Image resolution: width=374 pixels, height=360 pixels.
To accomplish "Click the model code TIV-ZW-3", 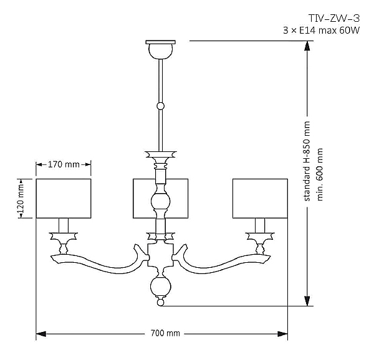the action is pos(334,18).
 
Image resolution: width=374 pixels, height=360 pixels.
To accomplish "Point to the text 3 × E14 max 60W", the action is pos(321,31).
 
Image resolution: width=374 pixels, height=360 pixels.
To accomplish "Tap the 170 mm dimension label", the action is pos(64,164).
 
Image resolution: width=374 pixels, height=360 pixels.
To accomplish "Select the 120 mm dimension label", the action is pos(21,198).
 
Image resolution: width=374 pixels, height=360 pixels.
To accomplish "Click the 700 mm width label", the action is pos(165,333).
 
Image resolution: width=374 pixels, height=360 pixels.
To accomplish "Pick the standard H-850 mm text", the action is pos(307,161).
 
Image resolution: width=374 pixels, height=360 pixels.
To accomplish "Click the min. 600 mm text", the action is pos(319,174).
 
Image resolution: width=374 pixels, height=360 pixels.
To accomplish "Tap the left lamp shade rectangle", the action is pos(64,199).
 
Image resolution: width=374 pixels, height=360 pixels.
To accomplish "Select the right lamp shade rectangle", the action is pos(260,199).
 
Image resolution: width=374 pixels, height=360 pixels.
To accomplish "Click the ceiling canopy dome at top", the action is pos(161,51).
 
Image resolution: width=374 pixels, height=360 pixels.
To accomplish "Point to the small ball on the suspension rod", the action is pos(161,106).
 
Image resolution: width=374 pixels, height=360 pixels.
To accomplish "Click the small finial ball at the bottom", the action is pos(161,303).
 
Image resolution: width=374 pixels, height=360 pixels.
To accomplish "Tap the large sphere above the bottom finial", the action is pos(161,286).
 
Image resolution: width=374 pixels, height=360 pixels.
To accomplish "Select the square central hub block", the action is pos(160,255).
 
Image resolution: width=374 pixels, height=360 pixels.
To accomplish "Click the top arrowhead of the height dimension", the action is pos(307,45).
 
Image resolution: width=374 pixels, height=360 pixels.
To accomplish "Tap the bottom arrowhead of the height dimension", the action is pos(307,301).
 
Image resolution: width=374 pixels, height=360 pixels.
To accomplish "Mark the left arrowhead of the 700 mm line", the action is pos(41,334).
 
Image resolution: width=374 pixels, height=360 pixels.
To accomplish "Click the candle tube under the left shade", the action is pos(64,225).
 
